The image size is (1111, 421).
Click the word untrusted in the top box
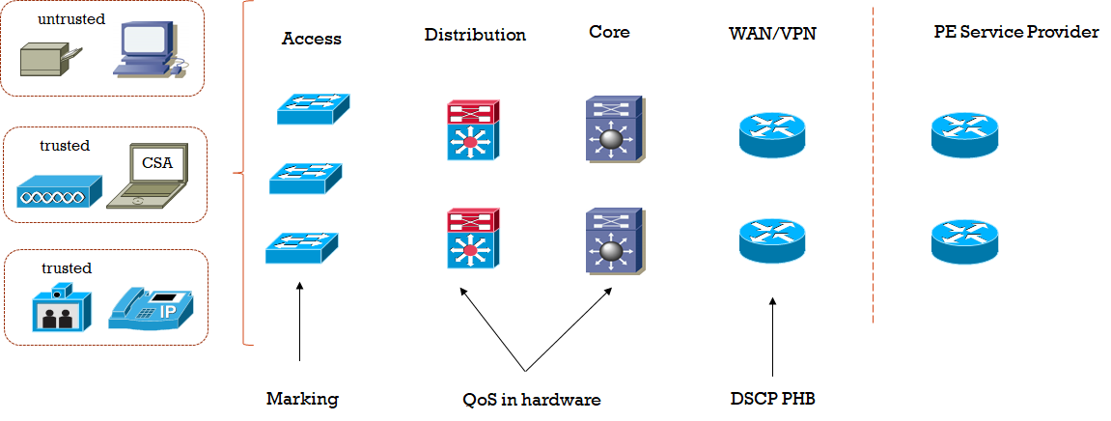click(x=71, y=18)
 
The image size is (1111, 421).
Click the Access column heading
click(x=312, y=40)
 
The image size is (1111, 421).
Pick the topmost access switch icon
click(x=313, y=108)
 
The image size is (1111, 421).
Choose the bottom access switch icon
click(x=301, y=247)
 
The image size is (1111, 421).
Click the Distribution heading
click(x=475, y=35)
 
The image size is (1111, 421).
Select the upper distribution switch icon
click(x=472, y=128)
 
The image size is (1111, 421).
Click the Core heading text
click(x=609, y=32)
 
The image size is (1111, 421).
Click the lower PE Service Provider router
click(x=964, y=241)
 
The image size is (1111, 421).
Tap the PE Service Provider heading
click(x=1016, y=32)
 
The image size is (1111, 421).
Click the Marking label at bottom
click(x=302, y=398)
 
